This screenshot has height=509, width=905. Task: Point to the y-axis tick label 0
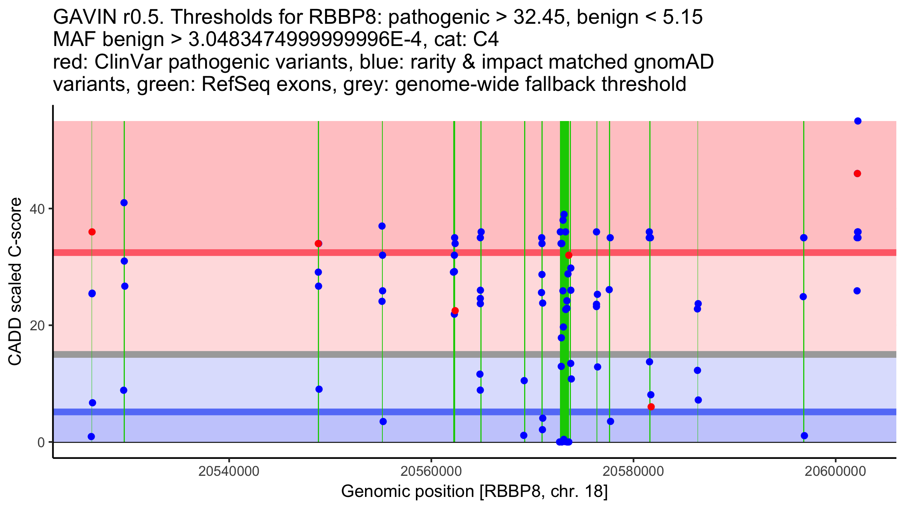pos(41,442)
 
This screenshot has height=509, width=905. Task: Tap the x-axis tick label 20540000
pos(229,471)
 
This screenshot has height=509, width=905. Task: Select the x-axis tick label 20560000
pos(431,471)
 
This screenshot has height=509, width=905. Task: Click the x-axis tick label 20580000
pos(633,471)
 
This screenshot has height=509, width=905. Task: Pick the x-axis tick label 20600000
pos(836,471)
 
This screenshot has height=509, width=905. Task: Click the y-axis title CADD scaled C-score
pos(15,282)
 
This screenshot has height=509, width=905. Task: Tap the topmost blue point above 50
pos(858,121)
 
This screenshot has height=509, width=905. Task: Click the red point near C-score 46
pos(857,173)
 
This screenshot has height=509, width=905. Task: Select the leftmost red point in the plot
pos(92,232)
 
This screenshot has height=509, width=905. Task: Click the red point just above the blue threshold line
pos(651,407)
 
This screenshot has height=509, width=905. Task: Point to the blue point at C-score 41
pos(124,203)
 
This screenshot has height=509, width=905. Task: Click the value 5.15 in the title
pos(683,17)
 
